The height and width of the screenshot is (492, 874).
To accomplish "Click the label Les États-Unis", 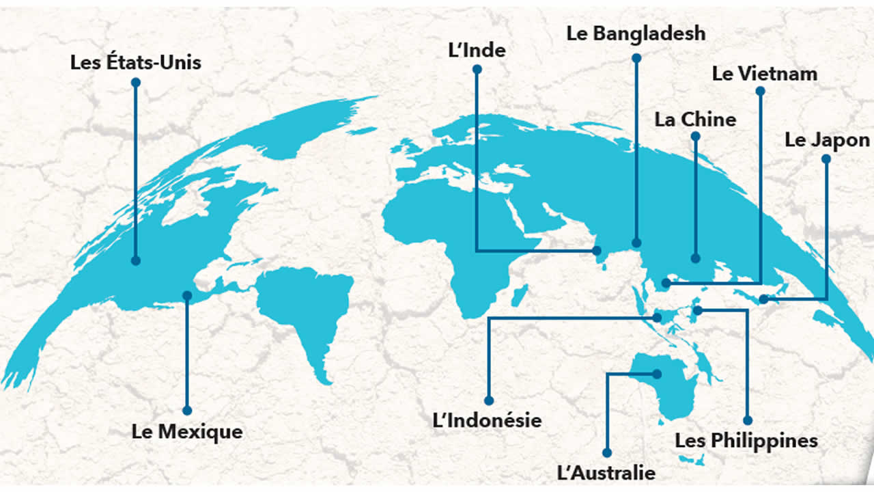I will click(x=136, y=63).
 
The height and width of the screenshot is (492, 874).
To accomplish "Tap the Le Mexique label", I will click(x=186, y=432).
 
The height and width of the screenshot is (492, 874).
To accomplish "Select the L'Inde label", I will click(x=477, y=50).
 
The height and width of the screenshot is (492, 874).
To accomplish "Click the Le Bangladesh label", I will click(x=636, y=33).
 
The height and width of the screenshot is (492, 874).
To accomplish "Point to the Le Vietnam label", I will click(x=764, y=73).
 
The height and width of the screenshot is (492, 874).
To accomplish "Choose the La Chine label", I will click(x=695, y=120).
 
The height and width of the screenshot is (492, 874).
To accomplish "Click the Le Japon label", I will click(x=827, y=140).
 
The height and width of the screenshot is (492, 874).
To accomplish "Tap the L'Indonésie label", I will click(x=488, y=420).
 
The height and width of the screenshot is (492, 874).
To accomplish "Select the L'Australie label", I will click(x=606, y=473).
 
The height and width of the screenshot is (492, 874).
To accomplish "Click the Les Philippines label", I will click(x=746, y=440).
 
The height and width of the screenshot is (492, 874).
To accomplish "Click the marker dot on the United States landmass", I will click(x=136, y=260).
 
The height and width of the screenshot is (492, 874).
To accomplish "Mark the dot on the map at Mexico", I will click(x=186, y=295).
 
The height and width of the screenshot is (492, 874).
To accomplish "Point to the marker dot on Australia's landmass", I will click(x=657, y=374).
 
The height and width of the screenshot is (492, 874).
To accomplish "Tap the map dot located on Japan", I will click(x=763, y=299).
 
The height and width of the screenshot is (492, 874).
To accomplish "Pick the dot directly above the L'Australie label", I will click(x=606, y=452).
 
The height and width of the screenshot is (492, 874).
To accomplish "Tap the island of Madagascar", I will click(x=519, y=295).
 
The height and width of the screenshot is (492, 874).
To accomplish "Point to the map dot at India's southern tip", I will click(x=597, y=251).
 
